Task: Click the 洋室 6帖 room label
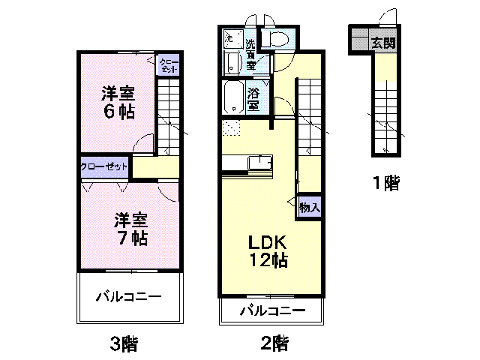point(118,103)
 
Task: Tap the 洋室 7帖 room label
point(130,229)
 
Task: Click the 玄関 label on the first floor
point(382,43)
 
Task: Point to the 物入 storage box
point(309,207)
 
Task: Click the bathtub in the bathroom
point(233,97)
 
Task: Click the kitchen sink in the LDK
point(260,162)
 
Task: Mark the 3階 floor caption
point(124,344)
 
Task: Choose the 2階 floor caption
point(274,344)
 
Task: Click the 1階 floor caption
point(385,182)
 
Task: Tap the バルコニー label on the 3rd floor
point(128,297)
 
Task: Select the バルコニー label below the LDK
point(272,310)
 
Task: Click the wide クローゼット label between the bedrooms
point(104,166)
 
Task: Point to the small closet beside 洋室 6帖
point(168,65)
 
